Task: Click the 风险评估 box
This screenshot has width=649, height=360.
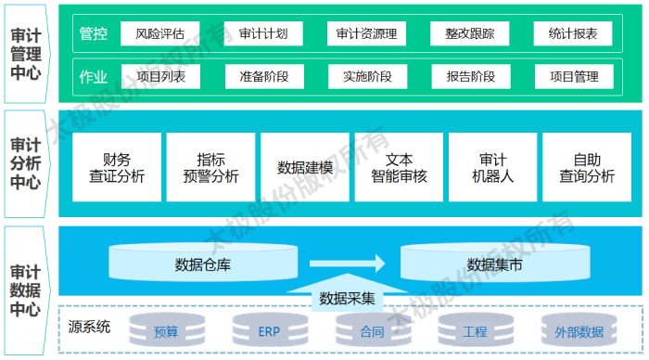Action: [160, 35]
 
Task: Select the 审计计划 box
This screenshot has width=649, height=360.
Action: [263, 35]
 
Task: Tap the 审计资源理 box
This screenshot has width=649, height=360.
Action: [367, 35]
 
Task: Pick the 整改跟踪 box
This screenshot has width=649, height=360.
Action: [470, 35]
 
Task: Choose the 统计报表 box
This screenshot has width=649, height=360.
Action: [573, 35]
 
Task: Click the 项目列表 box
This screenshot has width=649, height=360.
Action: [160, 76]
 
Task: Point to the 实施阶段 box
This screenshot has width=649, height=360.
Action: [367, 76]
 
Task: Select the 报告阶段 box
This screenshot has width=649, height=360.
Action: [470, 76]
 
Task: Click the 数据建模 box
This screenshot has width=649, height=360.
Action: [304, 167]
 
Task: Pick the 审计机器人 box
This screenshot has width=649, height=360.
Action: [493, 167]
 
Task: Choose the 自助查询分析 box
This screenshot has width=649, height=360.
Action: [587, 167]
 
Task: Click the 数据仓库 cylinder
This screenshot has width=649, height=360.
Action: [203, 264]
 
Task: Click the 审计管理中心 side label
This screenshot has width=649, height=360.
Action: [25, 54]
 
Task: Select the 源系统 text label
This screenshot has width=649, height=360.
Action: [90, 326]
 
